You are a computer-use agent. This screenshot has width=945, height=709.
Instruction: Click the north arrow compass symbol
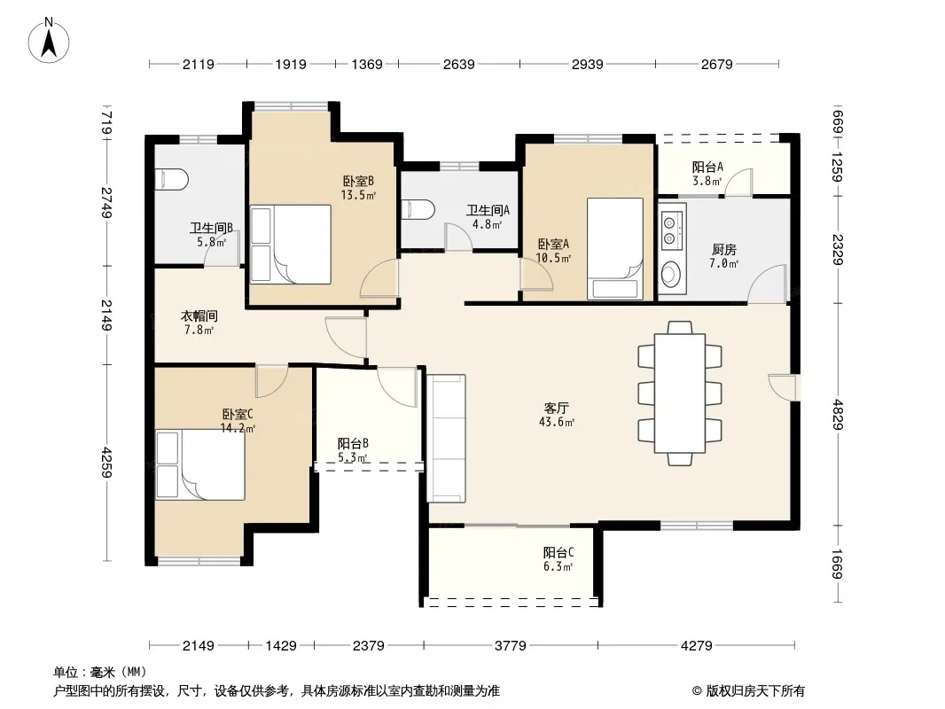(x=49, y=41)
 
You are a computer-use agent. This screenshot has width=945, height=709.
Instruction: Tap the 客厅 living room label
(x=556, y=409)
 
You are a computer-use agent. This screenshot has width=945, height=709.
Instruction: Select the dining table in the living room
(x=680, y=393)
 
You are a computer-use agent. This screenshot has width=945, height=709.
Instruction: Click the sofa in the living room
(x=446, y=439)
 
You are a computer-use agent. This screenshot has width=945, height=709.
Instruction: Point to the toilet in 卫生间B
(x=172, y=180)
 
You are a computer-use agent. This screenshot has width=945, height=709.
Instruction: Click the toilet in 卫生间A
(x=418, y=210)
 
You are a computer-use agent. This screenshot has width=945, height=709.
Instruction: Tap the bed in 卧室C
(x=200, y=464)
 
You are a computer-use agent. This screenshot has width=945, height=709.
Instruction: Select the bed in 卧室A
(x=615, y=248)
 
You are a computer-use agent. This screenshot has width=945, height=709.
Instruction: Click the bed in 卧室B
(x=291, y=244)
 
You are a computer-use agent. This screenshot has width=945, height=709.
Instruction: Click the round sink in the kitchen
(x=670, y=274)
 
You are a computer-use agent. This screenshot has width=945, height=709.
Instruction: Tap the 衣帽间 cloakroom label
(x=199, y=316)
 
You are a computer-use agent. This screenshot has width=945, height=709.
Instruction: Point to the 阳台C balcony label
(x=558, y=552)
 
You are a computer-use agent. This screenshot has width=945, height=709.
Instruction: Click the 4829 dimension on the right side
(x=837, y=415)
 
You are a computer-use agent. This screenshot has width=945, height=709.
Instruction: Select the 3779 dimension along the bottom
(x=511, y=646)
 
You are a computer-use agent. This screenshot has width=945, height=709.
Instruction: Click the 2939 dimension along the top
(x=587, y=64)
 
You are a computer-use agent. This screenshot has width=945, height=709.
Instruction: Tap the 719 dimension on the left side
(x=106, y=123)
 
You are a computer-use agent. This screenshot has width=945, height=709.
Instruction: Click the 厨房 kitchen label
(x=723, y=249)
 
